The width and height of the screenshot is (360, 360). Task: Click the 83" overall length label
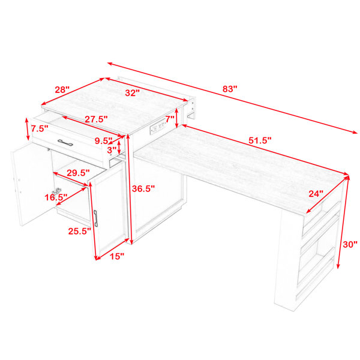coord(230,89)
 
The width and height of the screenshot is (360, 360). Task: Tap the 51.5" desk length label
coord(260,140)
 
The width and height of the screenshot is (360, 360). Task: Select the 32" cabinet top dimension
coord(132,93)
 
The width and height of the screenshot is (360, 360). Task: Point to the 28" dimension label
coord(62,89)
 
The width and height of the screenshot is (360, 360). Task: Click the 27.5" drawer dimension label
coord(96,119)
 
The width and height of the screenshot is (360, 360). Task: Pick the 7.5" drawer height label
coord(40,128)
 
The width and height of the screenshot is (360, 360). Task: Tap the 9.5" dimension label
coord(104,141)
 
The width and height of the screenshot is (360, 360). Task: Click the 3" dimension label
coord(112,150)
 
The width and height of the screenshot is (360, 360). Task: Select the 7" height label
coord(170,119)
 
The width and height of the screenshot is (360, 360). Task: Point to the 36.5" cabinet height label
coord(143,189)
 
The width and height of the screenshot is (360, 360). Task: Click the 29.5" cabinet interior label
coord(78,173)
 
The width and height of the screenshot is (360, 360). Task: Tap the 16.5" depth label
coord(56,197)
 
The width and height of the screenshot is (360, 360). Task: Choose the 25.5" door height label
coord(80,231)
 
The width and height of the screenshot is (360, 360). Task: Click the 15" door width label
coord(117,256)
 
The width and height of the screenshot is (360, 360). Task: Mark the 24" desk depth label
coord(316,194)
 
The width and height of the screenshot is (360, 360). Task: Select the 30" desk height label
coord(350,245)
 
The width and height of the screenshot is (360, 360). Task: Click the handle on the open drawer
coord(65,142)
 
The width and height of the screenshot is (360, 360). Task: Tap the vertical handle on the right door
coord(96,218)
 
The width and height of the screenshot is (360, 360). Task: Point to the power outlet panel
coord(158,128)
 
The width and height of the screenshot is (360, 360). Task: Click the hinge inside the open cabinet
coord(58,190)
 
